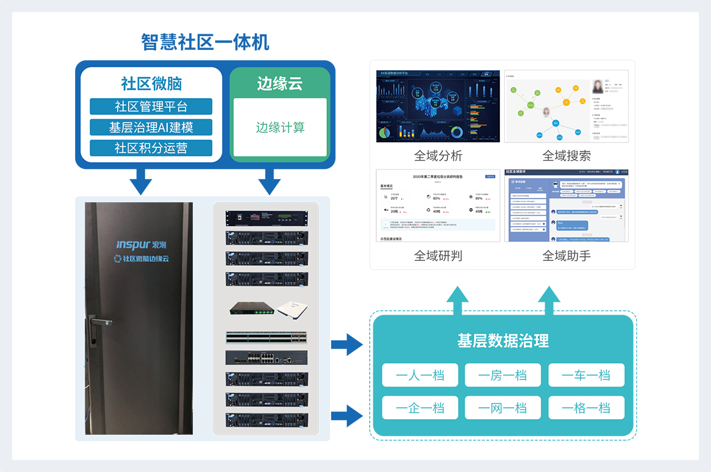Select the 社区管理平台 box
point(151,106)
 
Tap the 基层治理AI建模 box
point(151,127)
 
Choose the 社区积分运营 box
point(151,148)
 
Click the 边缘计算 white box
point(280,127)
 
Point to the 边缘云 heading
point(280,84)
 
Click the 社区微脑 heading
point(151,84)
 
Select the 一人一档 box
point(420,375)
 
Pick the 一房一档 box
point(502,375)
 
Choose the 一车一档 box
point(586,375)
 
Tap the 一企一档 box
point(420,408)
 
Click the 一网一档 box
point(502,408)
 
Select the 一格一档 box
point(586,408)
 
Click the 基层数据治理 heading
point(503,341)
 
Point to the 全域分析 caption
point(438,156)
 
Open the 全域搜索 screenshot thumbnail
point(566,106)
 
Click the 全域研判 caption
point(438,256)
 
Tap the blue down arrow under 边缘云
point(269,182)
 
